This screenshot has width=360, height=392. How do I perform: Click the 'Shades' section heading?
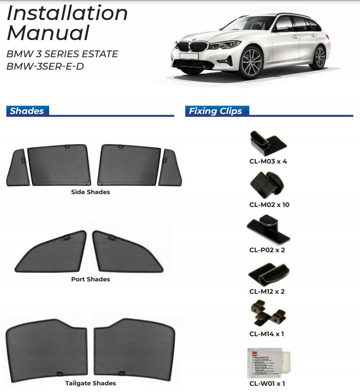(x=27, y=111)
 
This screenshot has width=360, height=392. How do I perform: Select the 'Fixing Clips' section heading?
(x=215, y=111)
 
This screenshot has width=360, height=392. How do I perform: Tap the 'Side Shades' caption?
(x=90, y=192)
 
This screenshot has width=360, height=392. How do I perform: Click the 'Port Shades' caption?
(x=90, y=279)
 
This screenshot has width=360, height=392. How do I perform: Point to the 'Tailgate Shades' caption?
(x=90, y=383)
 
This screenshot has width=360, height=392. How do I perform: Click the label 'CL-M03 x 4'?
(x=268, y=161)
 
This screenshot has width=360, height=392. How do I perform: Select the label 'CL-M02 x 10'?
(x=269, y=205)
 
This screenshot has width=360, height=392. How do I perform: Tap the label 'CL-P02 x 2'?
(x=267, y=250)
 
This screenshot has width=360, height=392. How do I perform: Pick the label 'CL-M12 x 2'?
(x=267, y=291)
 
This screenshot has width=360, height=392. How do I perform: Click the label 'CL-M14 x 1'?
(x=267, y=334)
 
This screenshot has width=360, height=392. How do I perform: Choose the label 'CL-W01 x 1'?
(x=267, y=383)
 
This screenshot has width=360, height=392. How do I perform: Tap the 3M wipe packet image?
(x=267, y=362)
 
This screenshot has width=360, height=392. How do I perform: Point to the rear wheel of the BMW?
(x=320, y=58)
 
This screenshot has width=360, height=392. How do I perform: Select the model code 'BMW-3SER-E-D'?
(x=45, y=66)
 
